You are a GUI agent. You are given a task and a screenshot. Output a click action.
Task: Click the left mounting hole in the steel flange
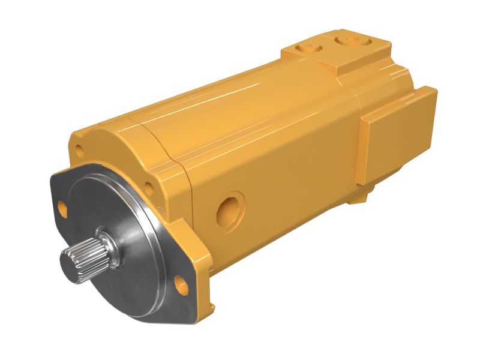pyautogui.click(x=62, y=208)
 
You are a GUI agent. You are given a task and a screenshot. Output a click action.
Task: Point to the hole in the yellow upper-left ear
pyautogui.click(x=79, y=150)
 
